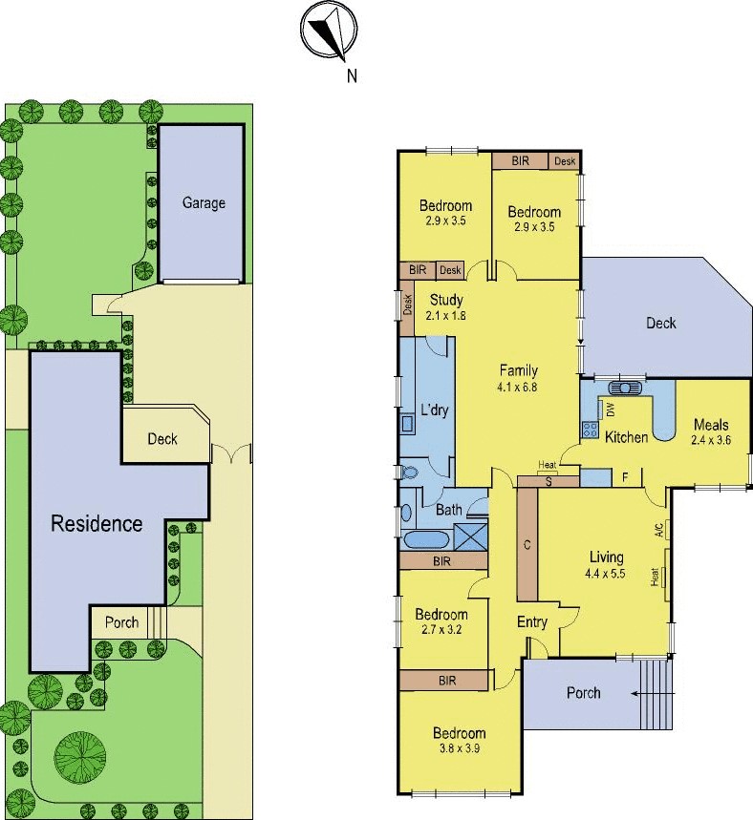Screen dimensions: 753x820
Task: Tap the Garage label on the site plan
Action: pyautogui.click(x=204, y=202)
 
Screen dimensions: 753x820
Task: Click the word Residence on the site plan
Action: pyautogui.click(x=97, y=523)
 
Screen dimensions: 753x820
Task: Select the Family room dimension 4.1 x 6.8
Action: pyautogui.click(x=519, y=388)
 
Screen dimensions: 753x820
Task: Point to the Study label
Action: pyautogui.click(x=446, y=300)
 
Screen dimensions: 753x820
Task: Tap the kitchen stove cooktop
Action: pyautogui.click(x=591, y=430)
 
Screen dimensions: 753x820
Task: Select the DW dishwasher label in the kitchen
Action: pyautogui.click(x=610, y=410)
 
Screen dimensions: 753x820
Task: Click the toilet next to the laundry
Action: pyautogui.click(x=408, y=473)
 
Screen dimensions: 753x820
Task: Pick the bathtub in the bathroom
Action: pyautogui.click(x=424, y=540)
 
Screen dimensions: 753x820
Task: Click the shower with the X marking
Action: pyautogui.click(x=470, y=536)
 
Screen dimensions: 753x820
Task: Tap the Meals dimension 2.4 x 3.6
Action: pyautogui.click(x=711, y=440)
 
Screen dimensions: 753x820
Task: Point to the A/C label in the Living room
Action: pyautogui.click(x=658, y=530)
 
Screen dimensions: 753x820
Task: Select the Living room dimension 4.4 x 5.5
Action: pyautogui.click(x=605, y=574)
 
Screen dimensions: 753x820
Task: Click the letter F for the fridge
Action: pyautogui.click(x=625, y=477)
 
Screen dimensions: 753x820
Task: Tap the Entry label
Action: pyautogui.click(x=532, y=622)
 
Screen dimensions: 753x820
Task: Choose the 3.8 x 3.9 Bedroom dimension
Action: pyautogui.click(x=460, y=748)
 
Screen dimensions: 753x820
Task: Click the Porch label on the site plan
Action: pyautogui.click(x=122, y=622)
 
